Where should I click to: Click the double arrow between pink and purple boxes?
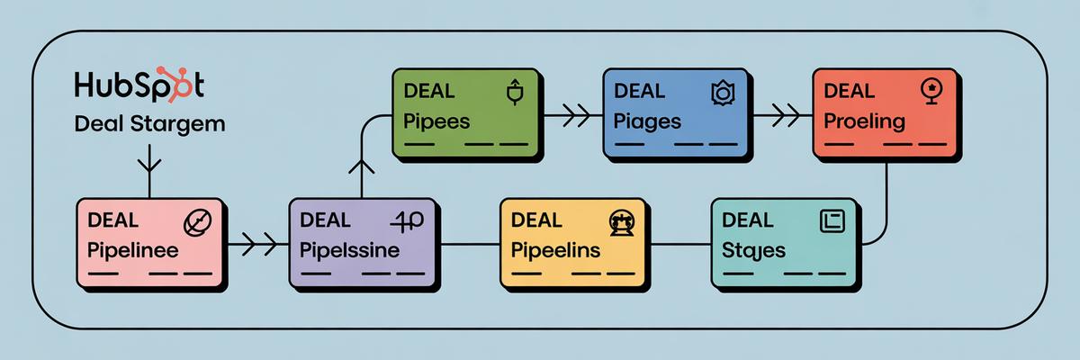tap(253, 243)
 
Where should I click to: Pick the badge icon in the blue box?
tap(723, 92)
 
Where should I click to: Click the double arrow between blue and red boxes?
tap(781, 115)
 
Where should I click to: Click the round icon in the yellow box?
tap(622, 220)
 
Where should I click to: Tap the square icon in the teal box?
tap(831, 220)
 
